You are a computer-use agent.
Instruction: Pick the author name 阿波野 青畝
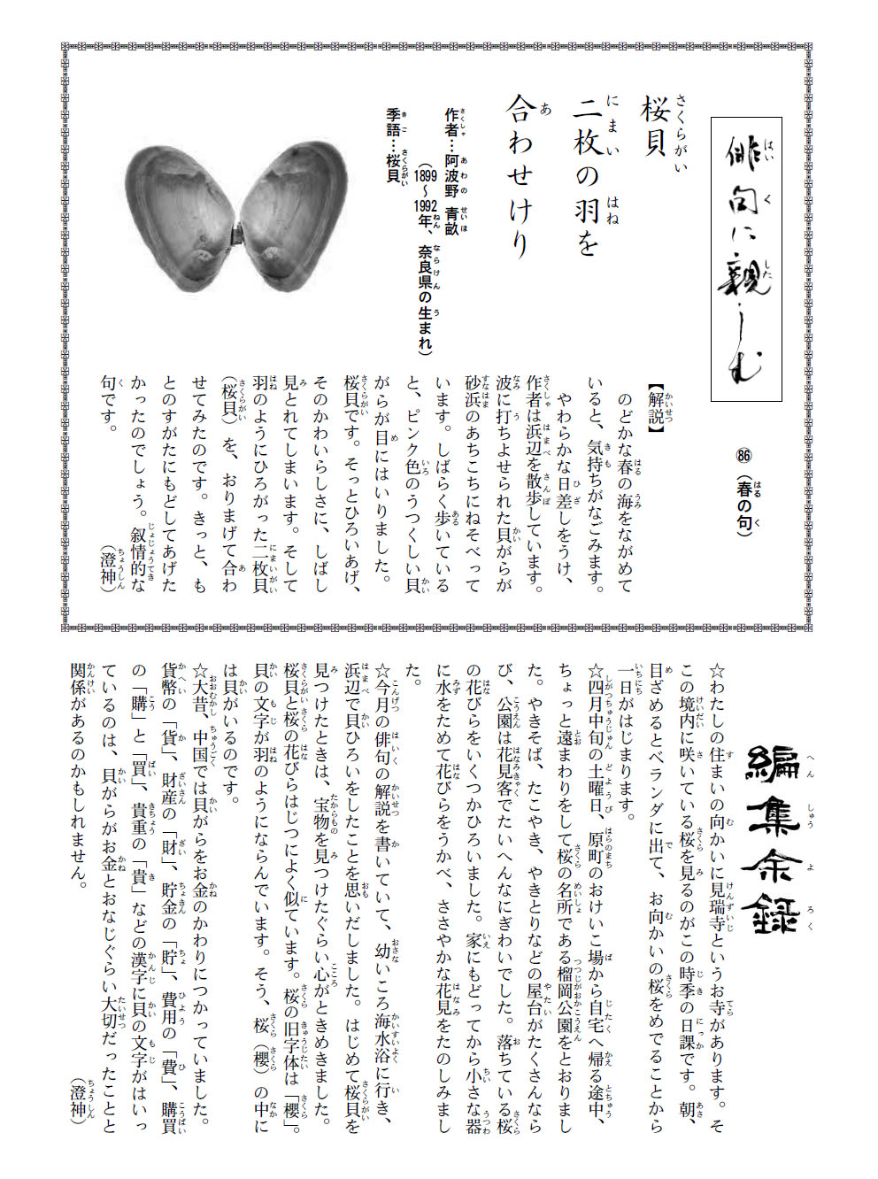point(451,190)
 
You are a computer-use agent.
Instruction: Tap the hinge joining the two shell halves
point(237,235)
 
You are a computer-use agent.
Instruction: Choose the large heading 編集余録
point(772,836)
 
